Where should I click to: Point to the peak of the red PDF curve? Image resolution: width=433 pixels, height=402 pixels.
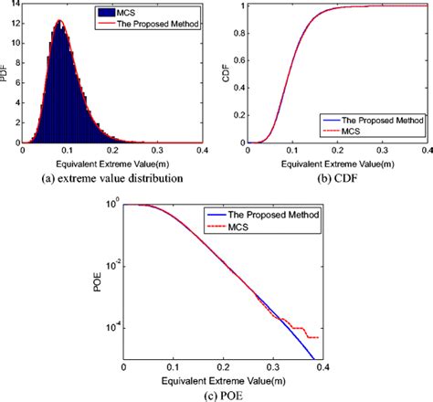point(59,20)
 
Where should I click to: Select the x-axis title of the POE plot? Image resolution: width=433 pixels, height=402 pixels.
point(221,379)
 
